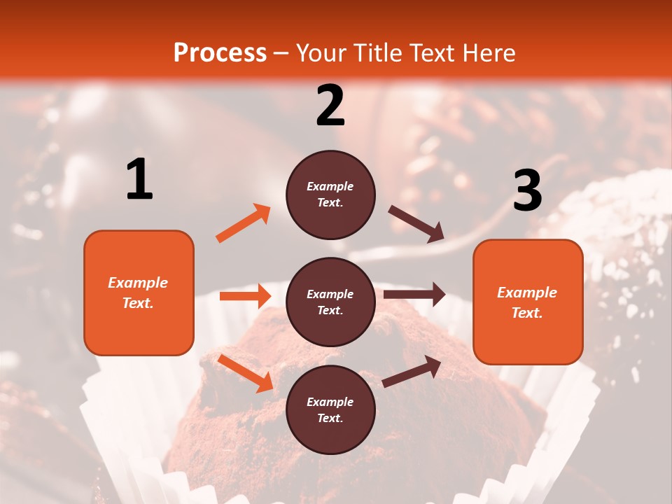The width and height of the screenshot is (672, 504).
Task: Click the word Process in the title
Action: click(220, 52)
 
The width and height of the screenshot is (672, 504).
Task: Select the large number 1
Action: click(139, 180)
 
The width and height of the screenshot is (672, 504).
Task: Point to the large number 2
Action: click(330, 106)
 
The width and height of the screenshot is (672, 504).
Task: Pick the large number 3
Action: click(527, 190)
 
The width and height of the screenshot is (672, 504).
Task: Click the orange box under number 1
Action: click(139, 293)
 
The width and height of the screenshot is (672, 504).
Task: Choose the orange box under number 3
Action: click(528, 302)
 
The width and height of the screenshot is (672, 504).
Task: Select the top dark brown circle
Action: click(330, 195)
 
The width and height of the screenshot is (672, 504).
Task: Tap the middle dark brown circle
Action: click(330, 302)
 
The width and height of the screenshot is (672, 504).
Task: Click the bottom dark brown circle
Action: click(330, 409)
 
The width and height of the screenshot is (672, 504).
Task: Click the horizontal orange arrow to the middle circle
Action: click(245, 296)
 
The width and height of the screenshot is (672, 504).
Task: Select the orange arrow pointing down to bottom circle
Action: click(246, 373)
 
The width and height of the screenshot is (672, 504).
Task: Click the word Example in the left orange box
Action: click(138, 283)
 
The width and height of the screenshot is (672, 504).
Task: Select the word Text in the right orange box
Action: click(526, 313)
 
